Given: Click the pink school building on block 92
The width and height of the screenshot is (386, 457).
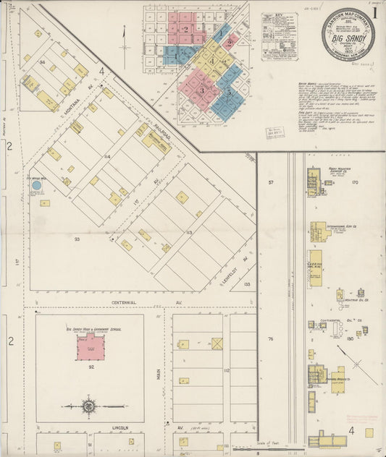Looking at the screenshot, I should (91, 347).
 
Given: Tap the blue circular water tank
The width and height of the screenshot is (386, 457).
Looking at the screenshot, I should (36, 186).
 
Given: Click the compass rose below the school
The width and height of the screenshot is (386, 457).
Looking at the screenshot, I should (88, 406).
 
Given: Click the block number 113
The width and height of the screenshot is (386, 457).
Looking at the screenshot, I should (188, 232).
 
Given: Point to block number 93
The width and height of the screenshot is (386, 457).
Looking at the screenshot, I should (77, 237).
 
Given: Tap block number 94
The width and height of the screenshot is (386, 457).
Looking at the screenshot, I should (43, 62).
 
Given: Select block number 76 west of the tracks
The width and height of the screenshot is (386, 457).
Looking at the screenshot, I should (271, 338).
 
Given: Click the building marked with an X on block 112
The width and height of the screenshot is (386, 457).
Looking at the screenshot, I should (217, 343).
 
